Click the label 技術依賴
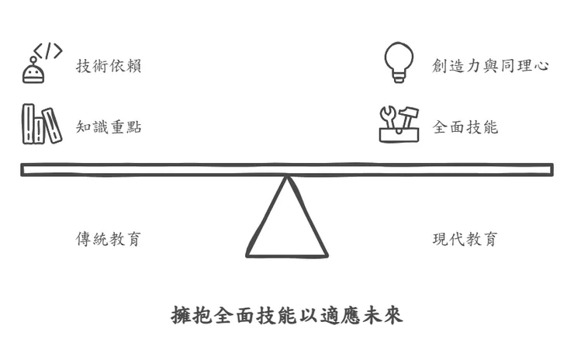coord(109,66)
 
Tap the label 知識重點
coord(109,127)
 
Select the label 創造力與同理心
coord(490,66)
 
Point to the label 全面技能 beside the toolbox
coord(465,127)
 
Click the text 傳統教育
coord(109,239)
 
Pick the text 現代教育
coord(465,239)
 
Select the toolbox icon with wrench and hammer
coord(399,124)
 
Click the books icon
coord(41,124)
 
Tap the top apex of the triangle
coord(287,178)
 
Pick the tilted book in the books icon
coord(53,126)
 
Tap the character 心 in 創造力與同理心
coord(542,66)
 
